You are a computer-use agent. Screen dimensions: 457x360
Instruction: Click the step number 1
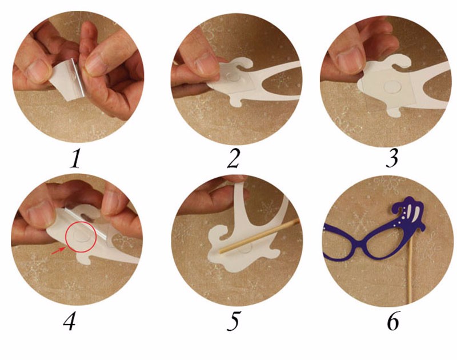tap(75, 159)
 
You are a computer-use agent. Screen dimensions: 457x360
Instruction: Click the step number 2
tap(233, 159)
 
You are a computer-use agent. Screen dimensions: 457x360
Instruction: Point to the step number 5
tap(234, 321)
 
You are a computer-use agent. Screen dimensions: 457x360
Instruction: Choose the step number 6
tap(393, 321)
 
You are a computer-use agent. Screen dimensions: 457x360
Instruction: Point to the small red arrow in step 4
tap(58, 250)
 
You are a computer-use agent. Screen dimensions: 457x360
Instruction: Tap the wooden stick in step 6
tap(411, 267)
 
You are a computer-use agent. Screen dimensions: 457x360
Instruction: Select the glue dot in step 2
tap(233, 77)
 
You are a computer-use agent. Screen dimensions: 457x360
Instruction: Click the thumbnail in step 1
tap(37, 69)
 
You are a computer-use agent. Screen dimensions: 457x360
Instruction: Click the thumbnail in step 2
tap(206, 61)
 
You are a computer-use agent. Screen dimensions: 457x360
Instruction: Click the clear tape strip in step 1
tap(78, 77)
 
